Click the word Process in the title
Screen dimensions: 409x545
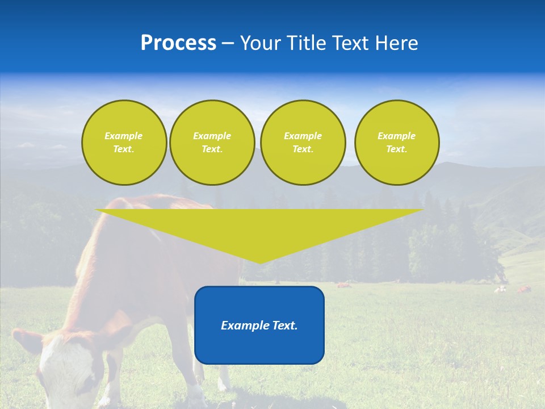[x=178, y=43]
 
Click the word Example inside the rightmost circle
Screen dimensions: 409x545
[x=396, y=136]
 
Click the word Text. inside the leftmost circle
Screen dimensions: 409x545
[x=124, y=149]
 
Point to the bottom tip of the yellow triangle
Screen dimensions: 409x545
[x=260, y=262]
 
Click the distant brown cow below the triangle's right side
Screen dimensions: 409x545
[x=343, y=285]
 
